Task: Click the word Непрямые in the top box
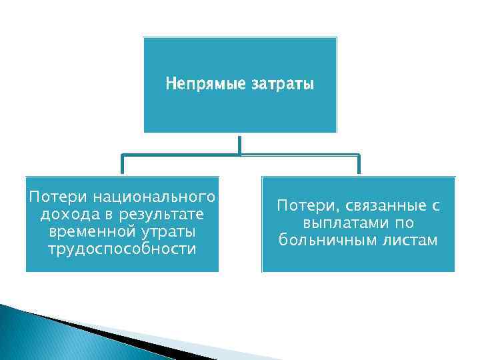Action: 205,85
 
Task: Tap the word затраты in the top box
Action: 282,85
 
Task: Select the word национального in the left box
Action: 155,197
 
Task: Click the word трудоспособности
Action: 122,249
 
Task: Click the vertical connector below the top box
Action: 239,143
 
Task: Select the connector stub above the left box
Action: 122,165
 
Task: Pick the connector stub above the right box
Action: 358,165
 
